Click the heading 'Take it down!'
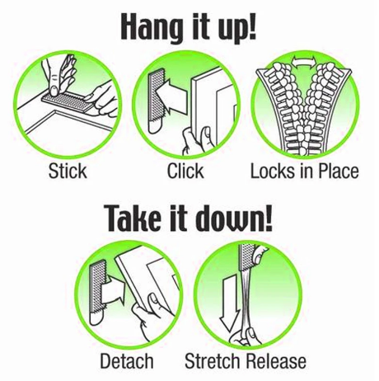(189, 220)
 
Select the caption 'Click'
(185, 172)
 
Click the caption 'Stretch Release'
(246, 360)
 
